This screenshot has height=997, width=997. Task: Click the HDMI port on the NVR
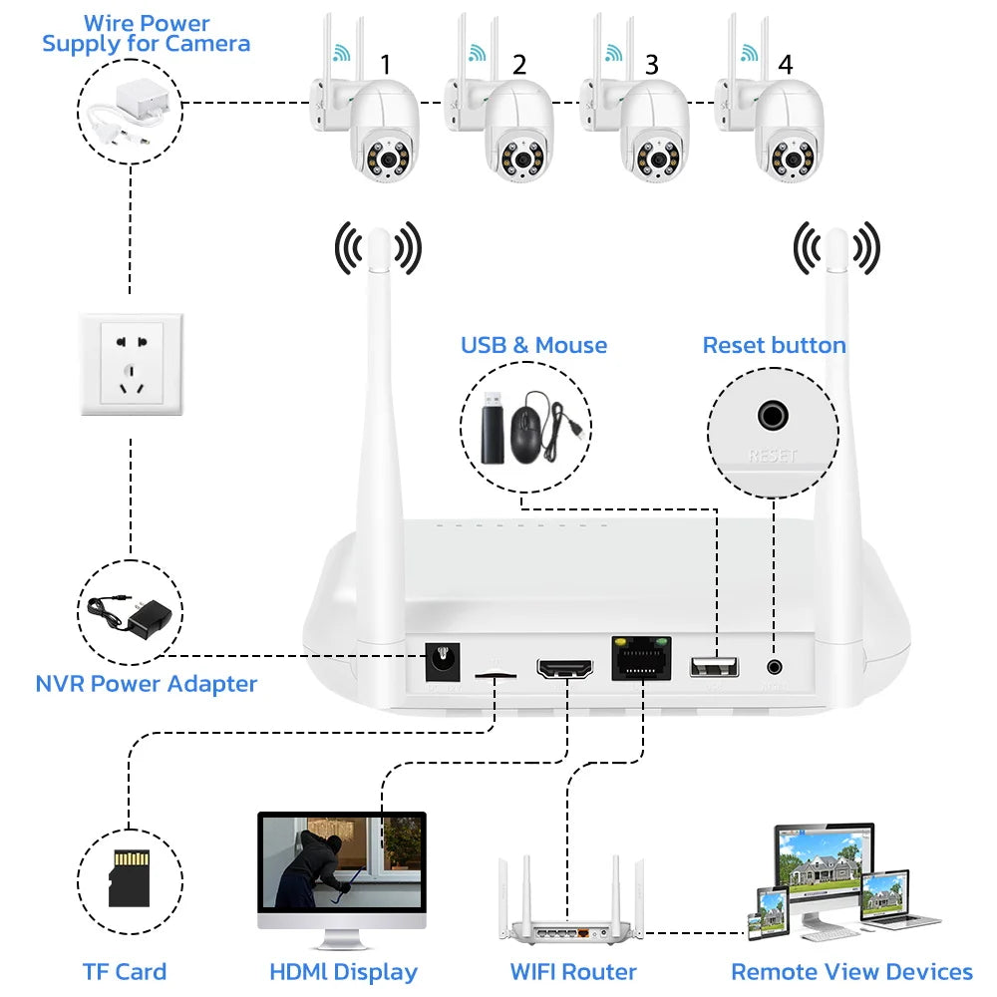point(564,667)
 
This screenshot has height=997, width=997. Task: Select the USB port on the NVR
point(714,666)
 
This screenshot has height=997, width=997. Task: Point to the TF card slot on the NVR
point(496,675)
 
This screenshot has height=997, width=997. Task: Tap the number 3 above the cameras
point(652,65)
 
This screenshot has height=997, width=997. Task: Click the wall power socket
point(131,364)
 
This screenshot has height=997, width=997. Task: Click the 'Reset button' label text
point(774,346)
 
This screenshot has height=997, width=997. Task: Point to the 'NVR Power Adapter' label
point(147,684)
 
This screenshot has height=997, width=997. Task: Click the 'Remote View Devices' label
point(851,971)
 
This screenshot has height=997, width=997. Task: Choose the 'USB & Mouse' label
point(533,346)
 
